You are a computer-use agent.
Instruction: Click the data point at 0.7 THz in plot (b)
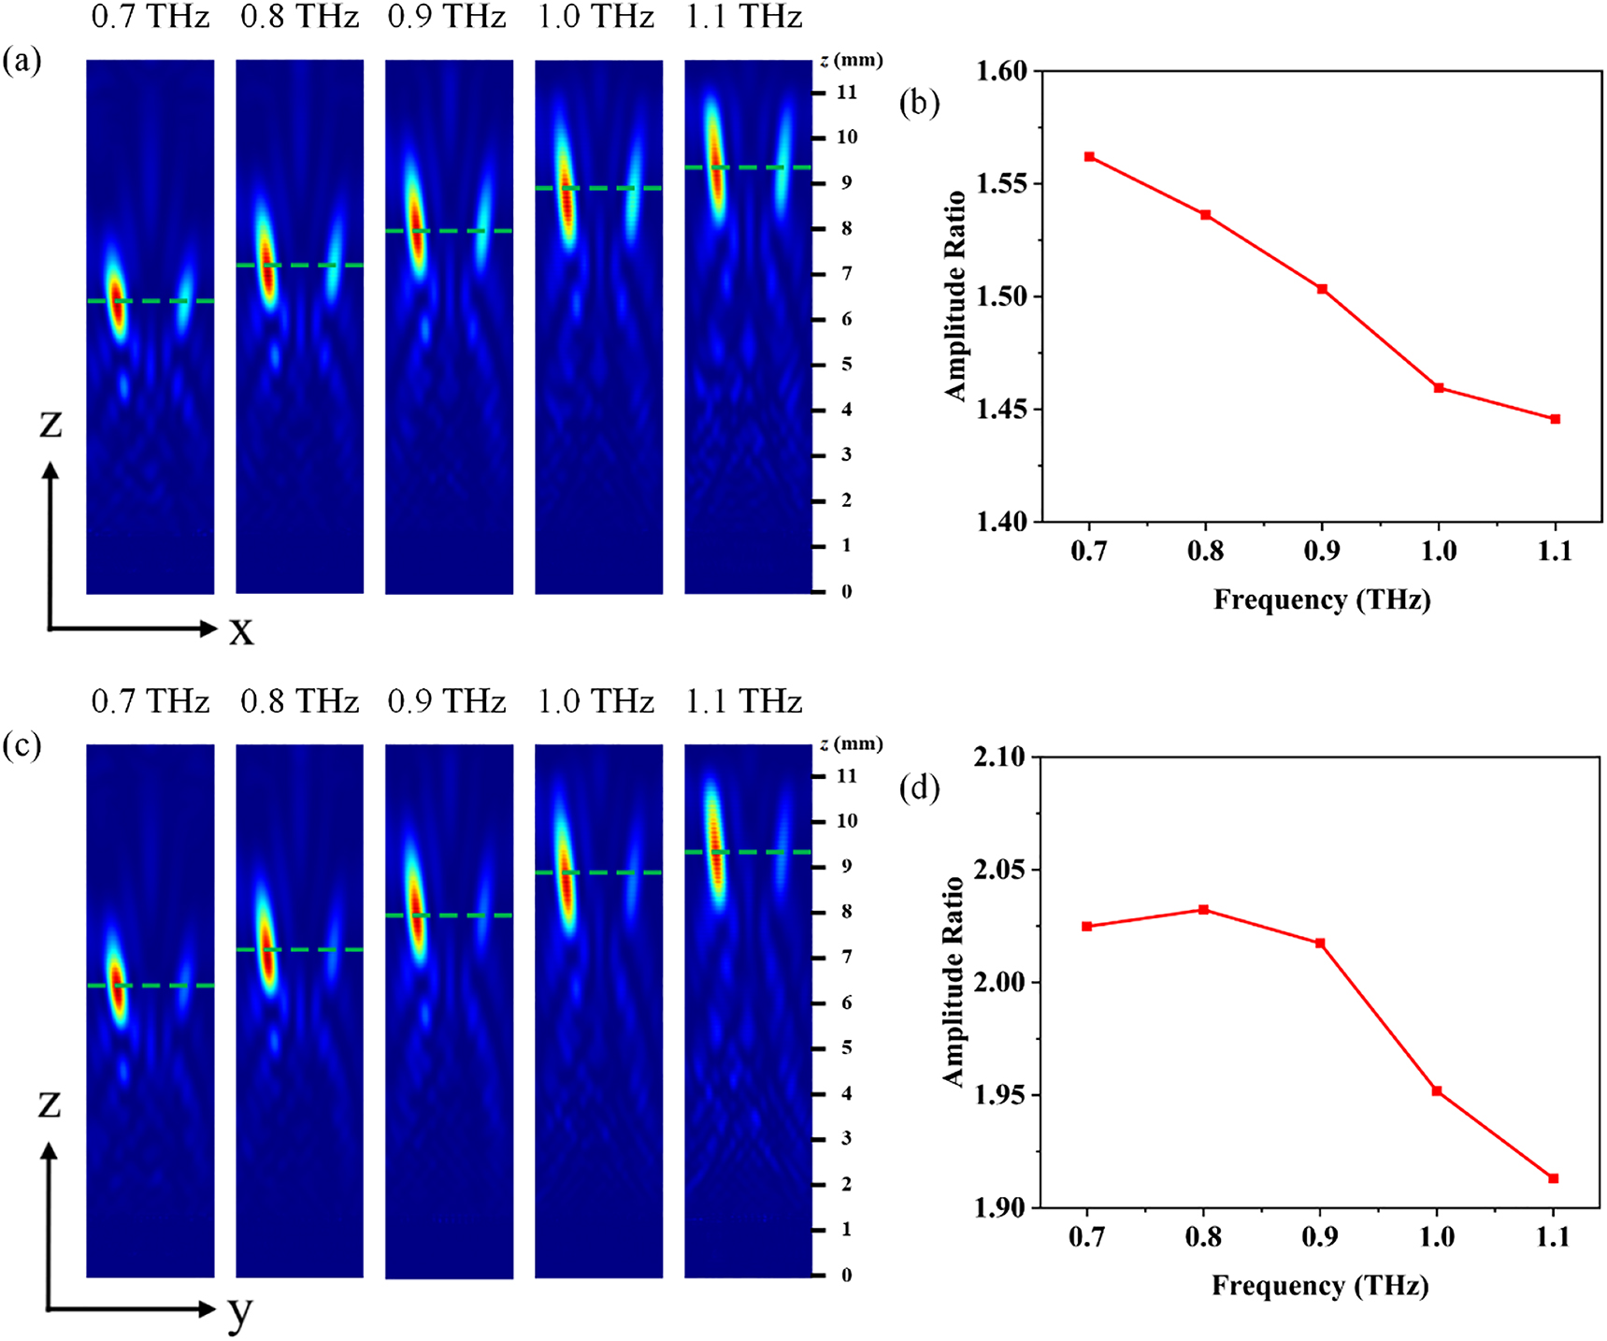click(1089, 157)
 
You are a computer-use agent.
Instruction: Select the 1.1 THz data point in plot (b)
click(1556, 419)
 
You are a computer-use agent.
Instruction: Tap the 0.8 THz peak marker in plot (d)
click(1204, 910)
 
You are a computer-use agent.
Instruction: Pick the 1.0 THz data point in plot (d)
click(1437, 1091)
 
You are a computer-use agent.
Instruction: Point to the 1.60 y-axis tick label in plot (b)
click(1001, 72)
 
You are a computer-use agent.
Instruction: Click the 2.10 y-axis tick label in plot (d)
click(999, 757)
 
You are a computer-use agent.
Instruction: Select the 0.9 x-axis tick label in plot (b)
click(1322, 552)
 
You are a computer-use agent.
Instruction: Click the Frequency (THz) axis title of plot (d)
click(1320, 1286)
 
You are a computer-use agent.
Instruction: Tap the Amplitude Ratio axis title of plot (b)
click(955, 296)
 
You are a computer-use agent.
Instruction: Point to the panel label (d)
click(919, 788)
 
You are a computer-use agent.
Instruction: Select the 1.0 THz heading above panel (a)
click(596, 18)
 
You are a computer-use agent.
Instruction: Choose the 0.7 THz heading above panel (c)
click(150, 701)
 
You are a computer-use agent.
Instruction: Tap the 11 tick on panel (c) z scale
click(847, 776)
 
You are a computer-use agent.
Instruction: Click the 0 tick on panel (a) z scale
click(847, 591)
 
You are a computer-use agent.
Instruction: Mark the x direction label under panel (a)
click(241, 631)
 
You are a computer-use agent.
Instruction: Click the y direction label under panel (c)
click(240, 1313)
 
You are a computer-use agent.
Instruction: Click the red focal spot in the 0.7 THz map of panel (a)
click(117, 302)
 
